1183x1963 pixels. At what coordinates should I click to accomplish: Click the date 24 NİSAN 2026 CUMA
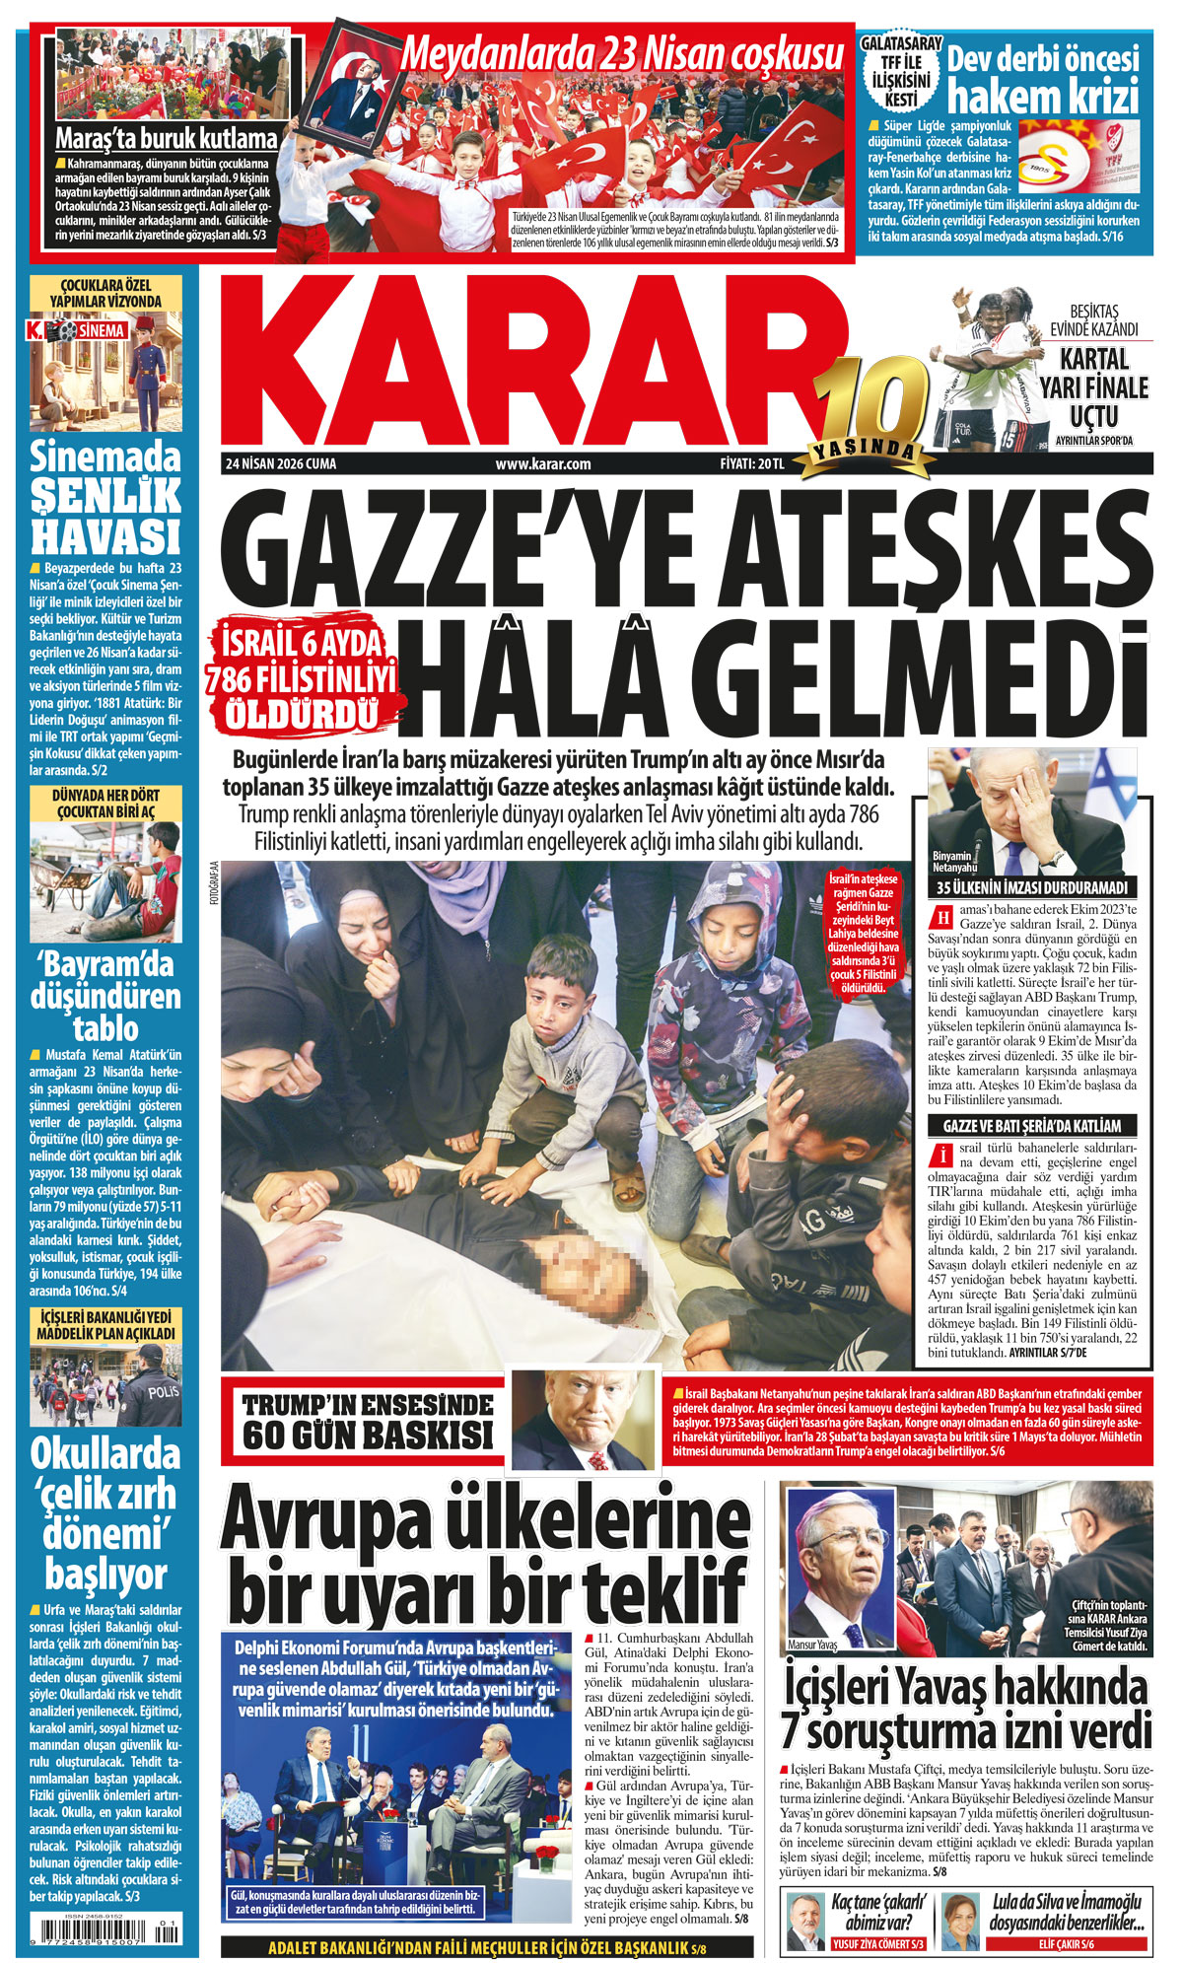[281, 464]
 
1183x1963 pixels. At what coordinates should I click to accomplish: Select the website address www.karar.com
[543, 464]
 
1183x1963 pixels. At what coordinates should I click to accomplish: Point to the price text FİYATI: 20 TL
[751, 464]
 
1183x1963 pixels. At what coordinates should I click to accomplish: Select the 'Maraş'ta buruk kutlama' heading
[166, 138]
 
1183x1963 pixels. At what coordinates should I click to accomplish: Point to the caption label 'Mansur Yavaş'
[812, 1645]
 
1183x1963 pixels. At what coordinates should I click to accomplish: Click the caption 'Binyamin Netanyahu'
[954, 862]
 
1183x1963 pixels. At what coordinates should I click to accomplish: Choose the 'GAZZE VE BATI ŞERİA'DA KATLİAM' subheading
[1032, 1126]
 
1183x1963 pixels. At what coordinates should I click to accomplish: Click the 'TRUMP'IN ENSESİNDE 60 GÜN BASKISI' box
[368, 1420]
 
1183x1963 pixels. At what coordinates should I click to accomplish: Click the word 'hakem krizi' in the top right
[1043, 98]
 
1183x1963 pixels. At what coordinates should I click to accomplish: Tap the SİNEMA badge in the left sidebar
[102, 331]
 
